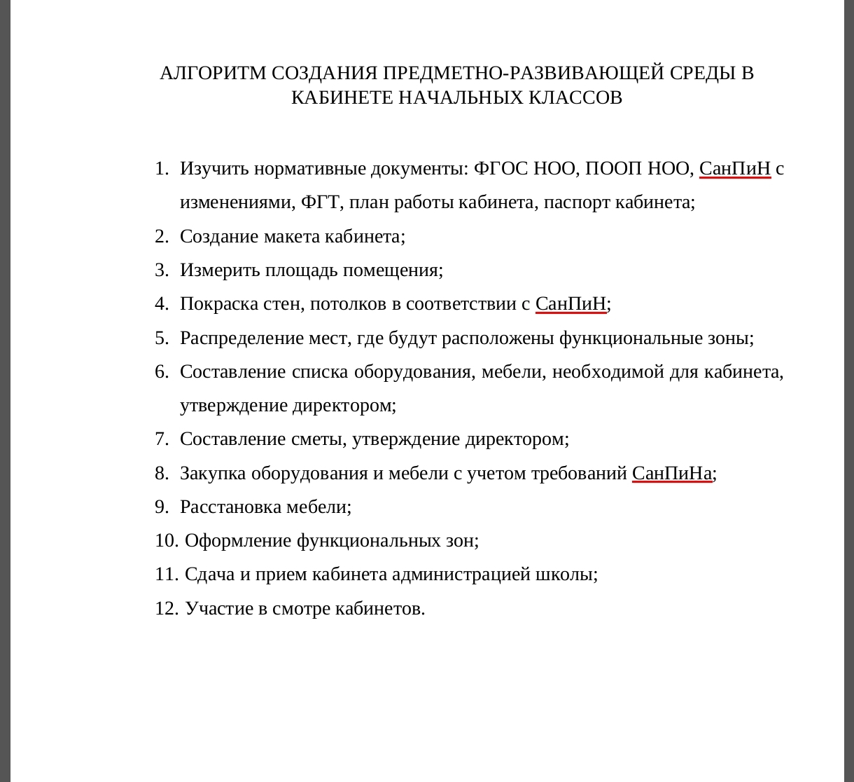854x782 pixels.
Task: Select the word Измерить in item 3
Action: [220, 270]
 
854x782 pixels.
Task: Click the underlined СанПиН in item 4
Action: [570, 303]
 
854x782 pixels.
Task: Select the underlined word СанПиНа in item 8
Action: [672, 473]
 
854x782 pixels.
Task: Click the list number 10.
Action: [166, 540]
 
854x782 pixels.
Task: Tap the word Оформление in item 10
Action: [238, 540]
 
